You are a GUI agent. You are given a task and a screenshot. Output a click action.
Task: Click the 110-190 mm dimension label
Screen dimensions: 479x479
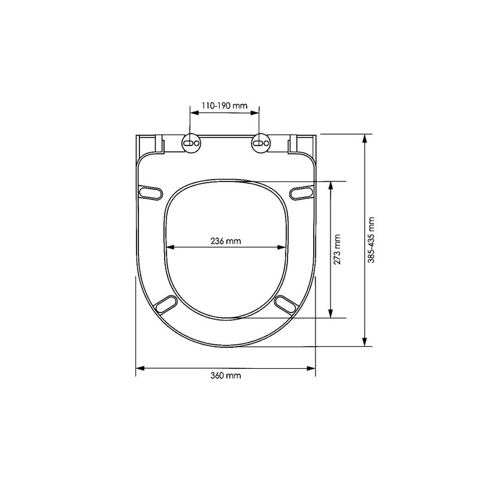pos(225,105)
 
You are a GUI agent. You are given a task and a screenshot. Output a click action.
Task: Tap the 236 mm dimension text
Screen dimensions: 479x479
pos(225,241)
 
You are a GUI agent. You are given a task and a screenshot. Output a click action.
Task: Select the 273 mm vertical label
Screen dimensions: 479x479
pos(338,249)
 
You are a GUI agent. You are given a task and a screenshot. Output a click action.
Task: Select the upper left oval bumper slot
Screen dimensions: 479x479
pos(150,192)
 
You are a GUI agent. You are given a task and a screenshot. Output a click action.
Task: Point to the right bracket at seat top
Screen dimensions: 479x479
pos(293,144)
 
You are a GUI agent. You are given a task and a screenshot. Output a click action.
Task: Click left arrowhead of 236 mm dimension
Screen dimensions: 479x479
pos(169,246)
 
